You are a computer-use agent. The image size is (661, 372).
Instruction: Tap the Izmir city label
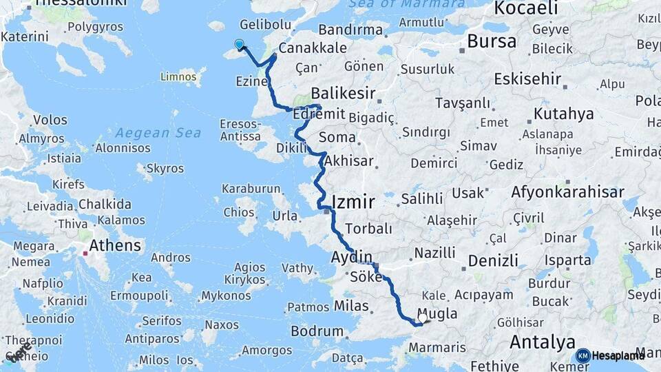(x=353, y=202)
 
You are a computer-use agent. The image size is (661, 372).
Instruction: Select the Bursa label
(x=491, y=41)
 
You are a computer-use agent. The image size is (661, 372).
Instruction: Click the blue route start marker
(x=239, y=45)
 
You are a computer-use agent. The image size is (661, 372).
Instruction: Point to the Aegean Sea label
(x=158, y=133)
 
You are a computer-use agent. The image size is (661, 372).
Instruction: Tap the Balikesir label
(x=343, y=92)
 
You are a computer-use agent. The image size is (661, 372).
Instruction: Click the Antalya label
(x=542, y=342)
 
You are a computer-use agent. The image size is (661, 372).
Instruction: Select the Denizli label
(x=493, y=260)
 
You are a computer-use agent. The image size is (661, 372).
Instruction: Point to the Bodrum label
(x=317, y=331)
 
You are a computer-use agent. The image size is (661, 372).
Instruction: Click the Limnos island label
(x=178, y=76)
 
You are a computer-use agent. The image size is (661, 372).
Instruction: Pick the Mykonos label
(x=226, y=296)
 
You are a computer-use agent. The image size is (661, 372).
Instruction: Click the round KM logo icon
(x=583, y=355)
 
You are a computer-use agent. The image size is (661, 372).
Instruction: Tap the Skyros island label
(x=165, y=168)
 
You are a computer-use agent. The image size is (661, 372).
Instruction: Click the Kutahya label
(x=563, y=114)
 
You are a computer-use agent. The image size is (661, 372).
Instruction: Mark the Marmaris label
(x=438, y=348)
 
